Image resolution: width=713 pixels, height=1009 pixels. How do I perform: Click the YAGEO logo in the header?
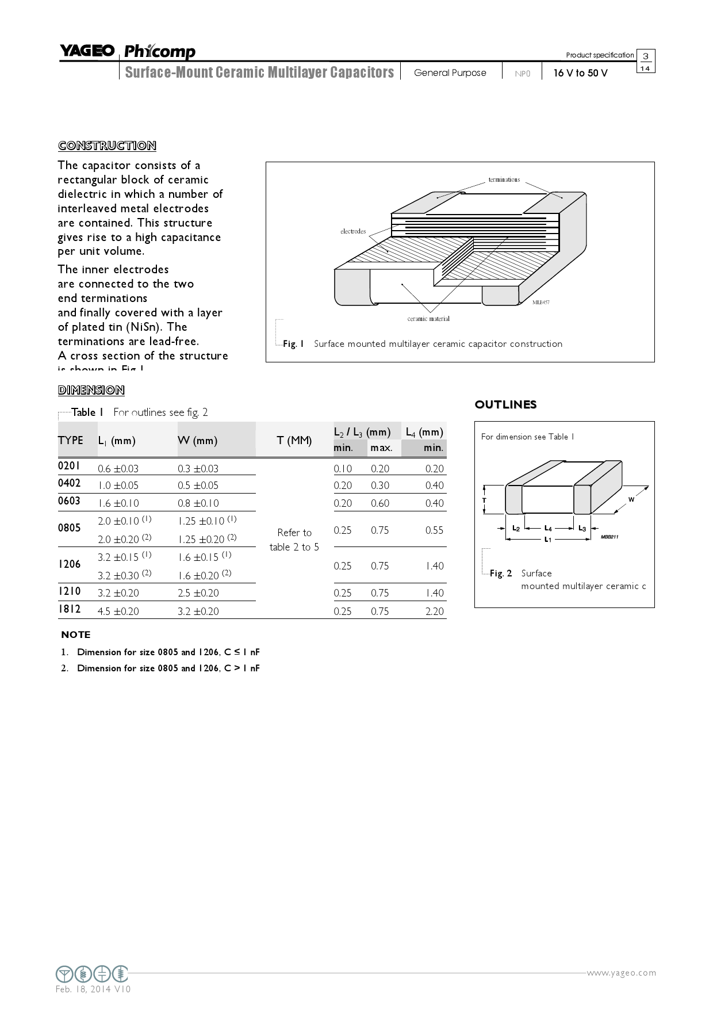tap(87, 51)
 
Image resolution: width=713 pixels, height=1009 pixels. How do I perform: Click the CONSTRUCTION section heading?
tap(107, 146)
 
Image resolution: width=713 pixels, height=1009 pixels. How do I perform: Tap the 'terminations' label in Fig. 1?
tap(504, 179)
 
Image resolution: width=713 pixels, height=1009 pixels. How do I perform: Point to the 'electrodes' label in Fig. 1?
tap(353, 231)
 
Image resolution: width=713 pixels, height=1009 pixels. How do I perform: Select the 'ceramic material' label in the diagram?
tap(428, 319)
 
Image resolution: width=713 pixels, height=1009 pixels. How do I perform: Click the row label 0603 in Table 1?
tap(70, 501)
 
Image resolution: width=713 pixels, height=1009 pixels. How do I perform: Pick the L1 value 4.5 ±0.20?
tap(118, 611)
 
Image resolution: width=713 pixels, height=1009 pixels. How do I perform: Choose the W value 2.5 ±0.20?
tap(198, 593)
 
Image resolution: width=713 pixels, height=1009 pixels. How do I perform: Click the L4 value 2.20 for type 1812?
tap(434, 611)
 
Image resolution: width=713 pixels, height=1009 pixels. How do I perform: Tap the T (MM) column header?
tap(294, 441)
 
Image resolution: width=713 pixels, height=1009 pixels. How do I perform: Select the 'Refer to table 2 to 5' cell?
tap(294, 540)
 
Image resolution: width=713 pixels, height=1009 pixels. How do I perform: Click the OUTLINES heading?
tap(505, 404)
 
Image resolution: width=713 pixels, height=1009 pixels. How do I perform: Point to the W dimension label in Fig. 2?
tap(631, 499)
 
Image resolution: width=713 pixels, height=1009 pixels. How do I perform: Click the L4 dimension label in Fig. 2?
tap(548, 528)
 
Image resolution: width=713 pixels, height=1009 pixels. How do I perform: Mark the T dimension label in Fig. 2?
tap(484, 500)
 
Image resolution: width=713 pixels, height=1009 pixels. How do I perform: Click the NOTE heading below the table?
tap(76, 635)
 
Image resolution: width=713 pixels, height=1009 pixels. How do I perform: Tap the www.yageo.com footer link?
tap(621, 973)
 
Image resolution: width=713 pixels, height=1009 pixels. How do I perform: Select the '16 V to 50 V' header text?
tap(580, 73)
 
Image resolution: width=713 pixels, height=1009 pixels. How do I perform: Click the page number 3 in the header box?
tap(646, 56)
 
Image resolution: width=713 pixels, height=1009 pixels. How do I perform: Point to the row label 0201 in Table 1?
tap(70, 465)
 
